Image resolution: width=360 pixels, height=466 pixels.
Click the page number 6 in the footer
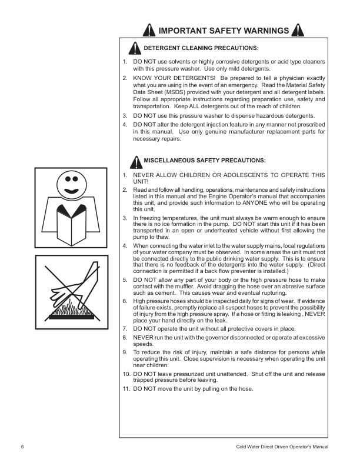point(22,447)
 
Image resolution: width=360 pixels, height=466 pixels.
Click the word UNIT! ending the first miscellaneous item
point(142,181)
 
